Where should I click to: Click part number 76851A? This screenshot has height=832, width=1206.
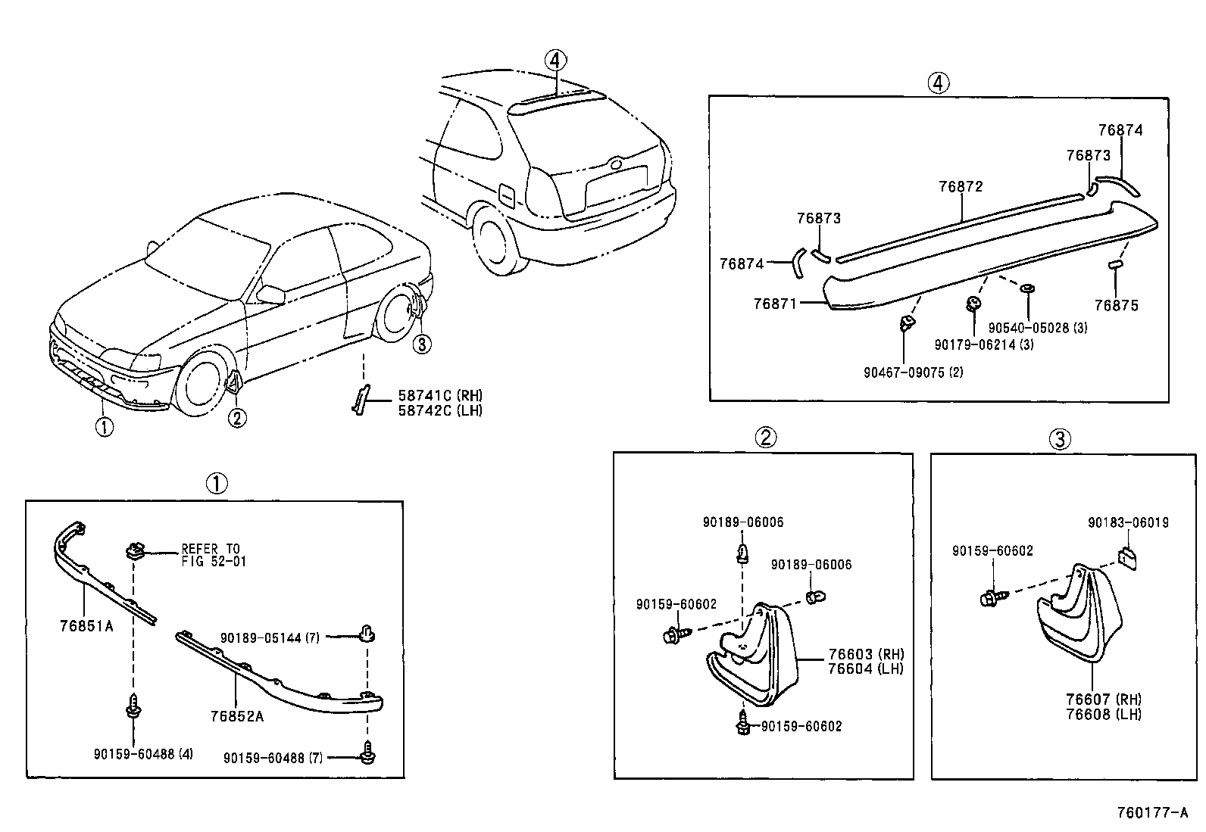[x=86, y=625]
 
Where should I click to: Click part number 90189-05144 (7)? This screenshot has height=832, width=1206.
[x=270, y=637]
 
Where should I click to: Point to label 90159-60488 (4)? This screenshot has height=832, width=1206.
[x=143, y=754]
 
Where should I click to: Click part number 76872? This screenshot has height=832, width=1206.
[x=960, y=186]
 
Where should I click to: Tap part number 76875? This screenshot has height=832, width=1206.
[x=1116, y=305]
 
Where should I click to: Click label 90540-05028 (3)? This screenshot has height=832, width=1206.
[x=1037, y=328]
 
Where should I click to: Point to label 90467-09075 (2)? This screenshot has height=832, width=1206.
[x=913, y=372]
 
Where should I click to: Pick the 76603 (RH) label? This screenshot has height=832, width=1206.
[x=865, y=654]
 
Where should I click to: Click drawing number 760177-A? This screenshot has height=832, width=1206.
[x=1153, y=813]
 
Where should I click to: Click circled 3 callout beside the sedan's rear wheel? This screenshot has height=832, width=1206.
[x=421, y=344]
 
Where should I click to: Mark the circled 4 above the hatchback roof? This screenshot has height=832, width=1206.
[x=555, y=59]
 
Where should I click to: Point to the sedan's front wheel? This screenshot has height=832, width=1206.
[x=201, y=386]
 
